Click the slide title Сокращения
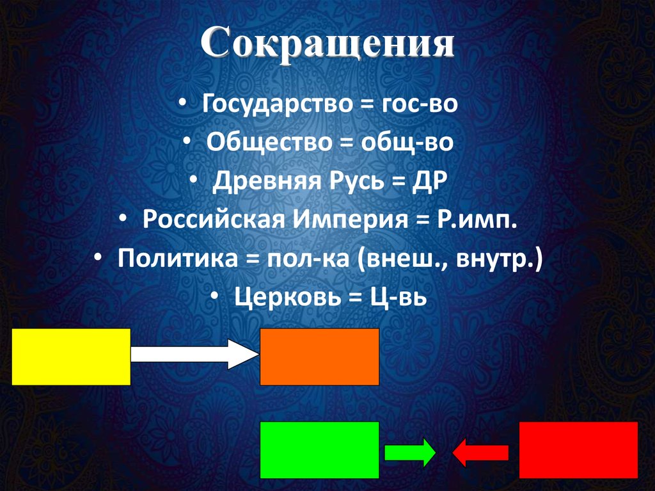(327, 45)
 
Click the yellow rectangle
(71, 357)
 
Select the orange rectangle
(320, 357)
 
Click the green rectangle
(320, 450)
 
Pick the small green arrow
(410, 453)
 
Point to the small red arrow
(480, 453)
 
